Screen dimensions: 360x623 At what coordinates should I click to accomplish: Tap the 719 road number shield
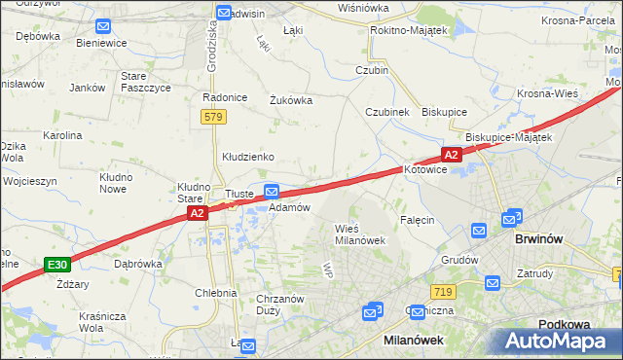coord(443,292)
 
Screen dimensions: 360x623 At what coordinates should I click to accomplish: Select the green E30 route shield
coord(57,264)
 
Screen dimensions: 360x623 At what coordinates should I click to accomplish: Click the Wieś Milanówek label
coord(360,234)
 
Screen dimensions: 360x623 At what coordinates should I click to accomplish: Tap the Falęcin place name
coord(416,220)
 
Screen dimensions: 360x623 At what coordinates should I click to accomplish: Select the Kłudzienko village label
coord(248,156)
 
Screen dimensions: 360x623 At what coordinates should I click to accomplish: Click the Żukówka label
coord(290,98)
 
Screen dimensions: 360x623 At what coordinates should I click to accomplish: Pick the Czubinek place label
coord(387,112)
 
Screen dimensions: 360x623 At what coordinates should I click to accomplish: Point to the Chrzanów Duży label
coord(280,306)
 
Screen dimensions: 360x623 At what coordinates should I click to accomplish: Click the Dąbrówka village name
coord(137,263)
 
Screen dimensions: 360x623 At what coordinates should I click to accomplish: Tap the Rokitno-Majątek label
coord(408,31)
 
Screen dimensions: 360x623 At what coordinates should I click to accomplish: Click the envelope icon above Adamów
coord(273,192)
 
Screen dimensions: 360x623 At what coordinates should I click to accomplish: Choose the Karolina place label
coord(61,135)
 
